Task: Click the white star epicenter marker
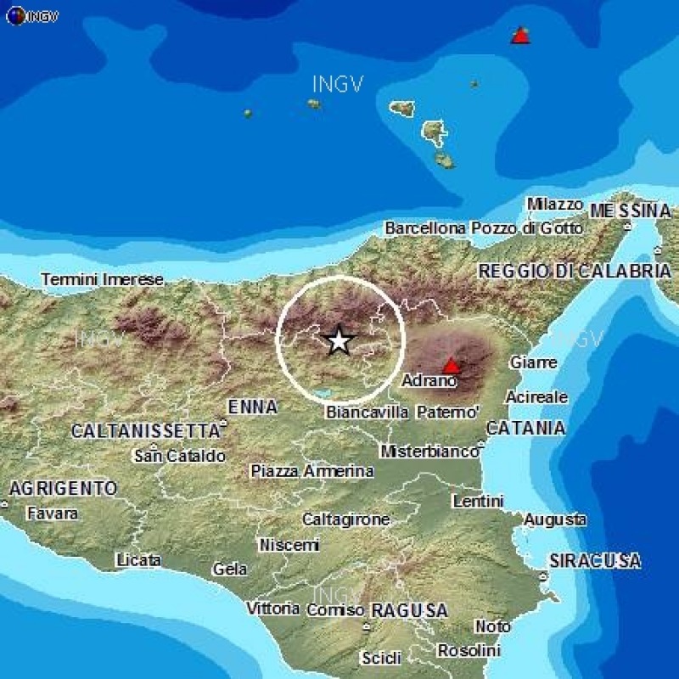(x=339, y=340)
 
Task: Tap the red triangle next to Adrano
(x=452, y=366)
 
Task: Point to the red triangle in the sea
(x=519, y=35)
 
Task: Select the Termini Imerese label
(x=102, y=279)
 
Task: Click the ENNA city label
(x=252, y=407)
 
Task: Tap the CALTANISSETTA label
(x=145, y=431)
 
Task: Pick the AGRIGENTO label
(x=63, y=489)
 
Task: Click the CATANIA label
(x=526, y=428)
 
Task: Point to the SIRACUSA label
(x=595, y=561)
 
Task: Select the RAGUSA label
(x=409, y=610)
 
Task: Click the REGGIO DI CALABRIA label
(x=575, y=271)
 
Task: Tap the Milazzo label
(x=554, y=205)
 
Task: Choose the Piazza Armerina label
(x=312, y=471)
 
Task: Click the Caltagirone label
(x=346, y=519)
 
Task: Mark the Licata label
(x=138, y=560)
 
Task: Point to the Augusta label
(x=555, y=519)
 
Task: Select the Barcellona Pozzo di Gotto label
(x=484, y=228)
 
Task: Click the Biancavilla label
(x=368, y=412)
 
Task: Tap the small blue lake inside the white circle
(x=323, y=393)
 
